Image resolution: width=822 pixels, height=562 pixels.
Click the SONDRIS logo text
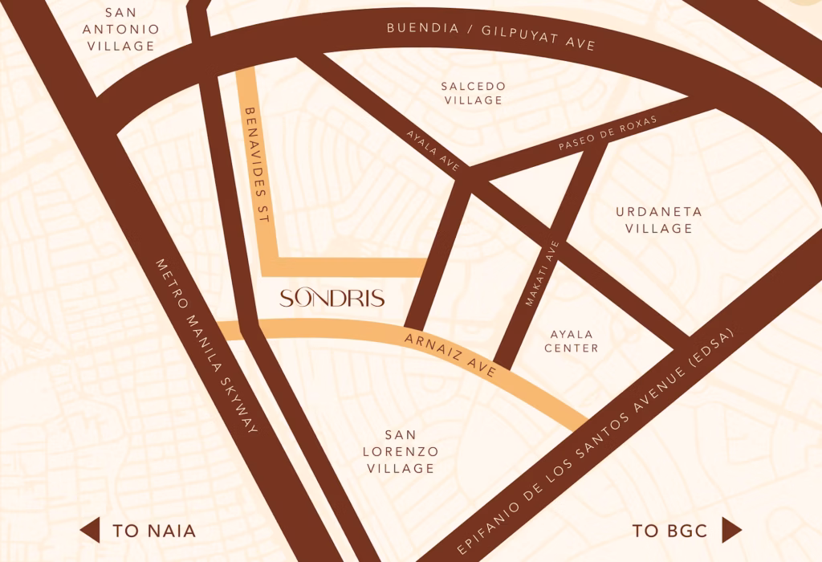pos(332,299)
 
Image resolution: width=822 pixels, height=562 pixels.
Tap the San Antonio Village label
pos(121,30)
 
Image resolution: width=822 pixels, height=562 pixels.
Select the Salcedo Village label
pos(474,93)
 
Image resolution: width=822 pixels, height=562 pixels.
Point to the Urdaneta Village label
pos(659,220)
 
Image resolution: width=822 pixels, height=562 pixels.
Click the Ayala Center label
pos(572,341)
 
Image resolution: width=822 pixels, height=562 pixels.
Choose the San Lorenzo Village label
pos(401,452)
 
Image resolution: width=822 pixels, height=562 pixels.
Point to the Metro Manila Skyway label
pos(206,347)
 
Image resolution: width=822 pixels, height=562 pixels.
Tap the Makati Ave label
pos(541,274)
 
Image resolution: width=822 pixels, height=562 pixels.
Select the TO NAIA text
pos(154,531)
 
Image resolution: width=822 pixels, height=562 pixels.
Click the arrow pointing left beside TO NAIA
pos(90,530)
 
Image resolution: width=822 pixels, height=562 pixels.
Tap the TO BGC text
pos(669,531)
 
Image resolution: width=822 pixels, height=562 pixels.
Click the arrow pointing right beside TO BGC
pos(731,530)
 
